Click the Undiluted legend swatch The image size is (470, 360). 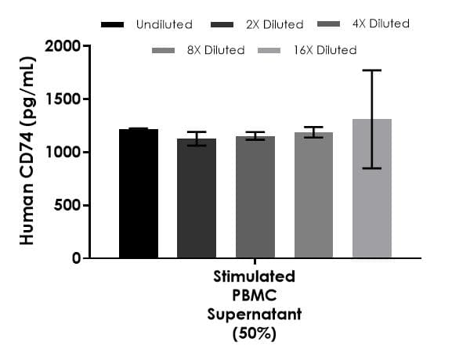113,25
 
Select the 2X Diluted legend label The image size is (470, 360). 263,25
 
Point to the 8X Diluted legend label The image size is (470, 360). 215,50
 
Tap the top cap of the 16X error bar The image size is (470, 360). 371,70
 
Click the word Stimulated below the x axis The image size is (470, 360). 255,277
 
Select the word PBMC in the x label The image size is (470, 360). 255,296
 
